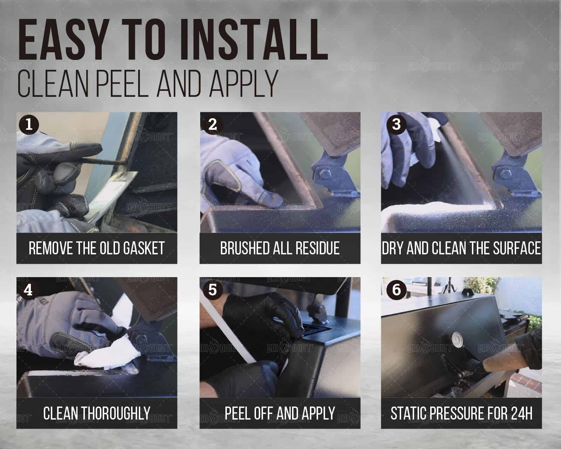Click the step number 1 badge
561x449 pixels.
(29, 125)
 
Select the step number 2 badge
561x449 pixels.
(213, 125)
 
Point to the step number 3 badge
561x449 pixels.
(397, 125)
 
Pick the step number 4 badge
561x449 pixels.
(28, 290)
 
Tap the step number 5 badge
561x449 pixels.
(213, 290)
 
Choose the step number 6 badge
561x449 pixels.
(397, 290)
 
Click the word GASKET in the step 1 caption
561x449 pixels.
(144, 248)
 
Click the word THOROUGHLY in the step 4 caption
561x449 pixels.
(116, 413)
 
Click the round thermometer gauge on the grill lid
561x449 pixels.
(458, 340)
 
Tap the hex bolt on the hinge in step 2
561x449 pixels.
(325, 174)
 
